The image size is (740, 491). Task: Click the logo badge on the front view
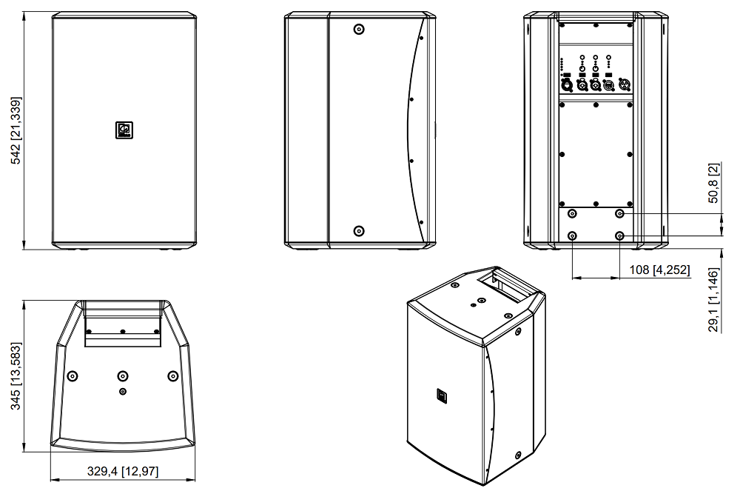click(124, 130)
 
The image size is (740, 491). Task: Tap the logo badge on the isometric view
click(439, 397)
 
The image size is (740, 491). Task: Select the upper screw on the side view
click(359, 29)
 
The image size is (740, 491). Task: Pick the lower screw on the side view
click(359, 230)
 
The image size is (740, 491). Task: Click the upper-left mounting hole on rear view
click(573, 213)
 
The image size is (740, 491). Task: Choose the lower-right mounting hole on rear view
click(619, 236)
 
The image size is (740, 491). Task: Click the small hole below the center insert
click(123, 391)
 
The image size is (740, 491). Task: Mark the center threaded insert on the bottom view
click(123, 375)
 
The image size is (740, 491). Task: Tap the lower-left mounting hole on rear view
click(573, 236)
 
